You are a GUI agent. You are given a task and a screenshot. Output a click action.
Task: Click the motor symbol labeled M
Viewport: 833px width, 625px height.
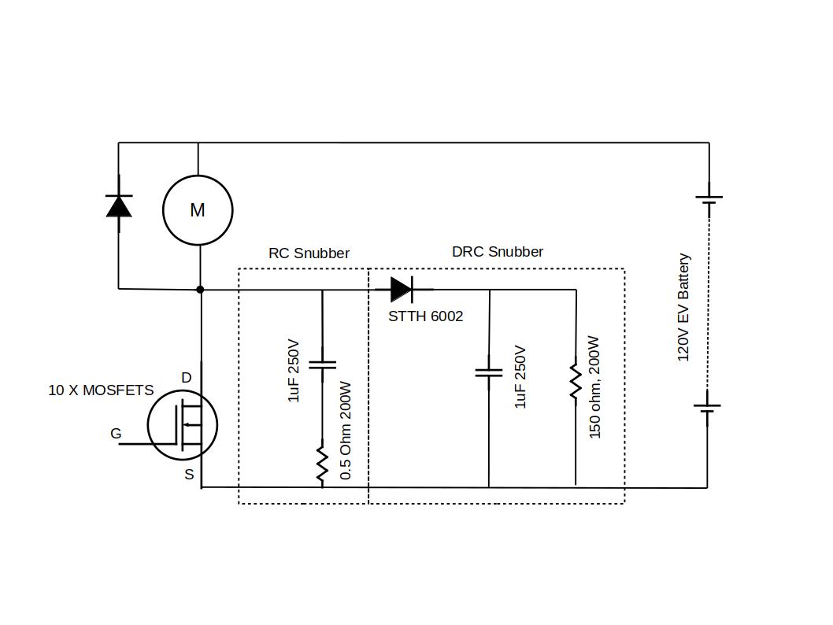(x=198, y=210)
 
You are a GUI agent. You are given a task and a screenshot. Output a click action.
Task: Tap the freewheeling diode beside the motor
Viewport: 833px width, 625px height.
(x=119, y=205)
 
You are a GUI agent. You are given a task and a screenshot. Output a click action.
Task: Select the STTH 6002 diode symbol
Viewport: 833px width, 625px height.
(x=402, y=290)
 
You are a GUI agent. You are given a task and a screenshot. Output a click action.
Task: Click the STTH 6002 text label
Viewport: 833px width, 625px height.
(x=425, y=316)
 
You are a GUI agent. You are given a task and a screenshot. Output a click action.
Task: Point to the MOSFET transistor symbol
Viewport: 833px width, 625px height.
(x=183, y=426)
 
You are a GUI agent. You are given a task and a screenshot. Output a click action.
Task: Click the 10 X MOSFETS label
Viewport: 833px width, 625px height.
(x=101, y=390)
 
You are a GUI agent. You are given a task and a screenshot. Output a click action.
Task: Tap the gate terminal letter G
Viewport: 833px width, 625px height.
(x=116, y=434)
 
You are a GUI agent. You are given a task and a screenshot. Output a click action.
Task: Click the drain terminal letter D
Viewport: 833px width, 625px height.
(x=187, y=378)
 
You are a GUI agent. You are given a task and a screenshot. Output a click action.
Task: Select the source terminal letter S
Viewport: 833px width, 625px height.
(x=189, y=475)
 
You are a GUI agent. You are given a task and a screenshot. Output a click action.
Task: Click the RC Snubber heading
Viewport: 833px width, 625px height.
(x=309, y=253)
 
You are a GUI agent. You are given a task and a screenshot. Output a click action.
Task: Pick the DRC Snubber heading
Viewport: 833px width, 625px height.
(x=497, y=252)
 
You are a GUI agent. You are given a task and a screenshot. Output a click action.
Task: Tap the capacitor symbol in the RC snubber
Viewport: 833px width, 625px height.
(x=322, y=364)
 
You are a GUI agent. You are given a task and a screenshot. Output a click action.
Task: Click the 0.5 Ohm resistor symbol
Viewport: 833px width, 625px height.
(x=322, y=464)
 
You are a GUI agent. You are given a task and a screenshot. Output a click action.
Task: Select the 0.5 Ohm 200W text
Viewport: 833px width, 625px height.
(x=346, y=431)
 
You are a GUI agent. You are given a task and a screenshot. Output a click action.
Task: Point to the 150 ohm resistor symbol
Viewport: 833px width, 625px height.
(x=576, y=381)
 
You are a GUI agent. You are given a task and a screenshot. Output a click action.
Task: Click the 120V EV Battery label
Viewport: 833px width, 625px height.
(x=683, y=307)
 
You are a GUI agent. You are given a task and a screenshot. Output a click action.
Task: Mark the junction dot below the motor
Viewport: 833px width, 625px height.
(x=200, y=290)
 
